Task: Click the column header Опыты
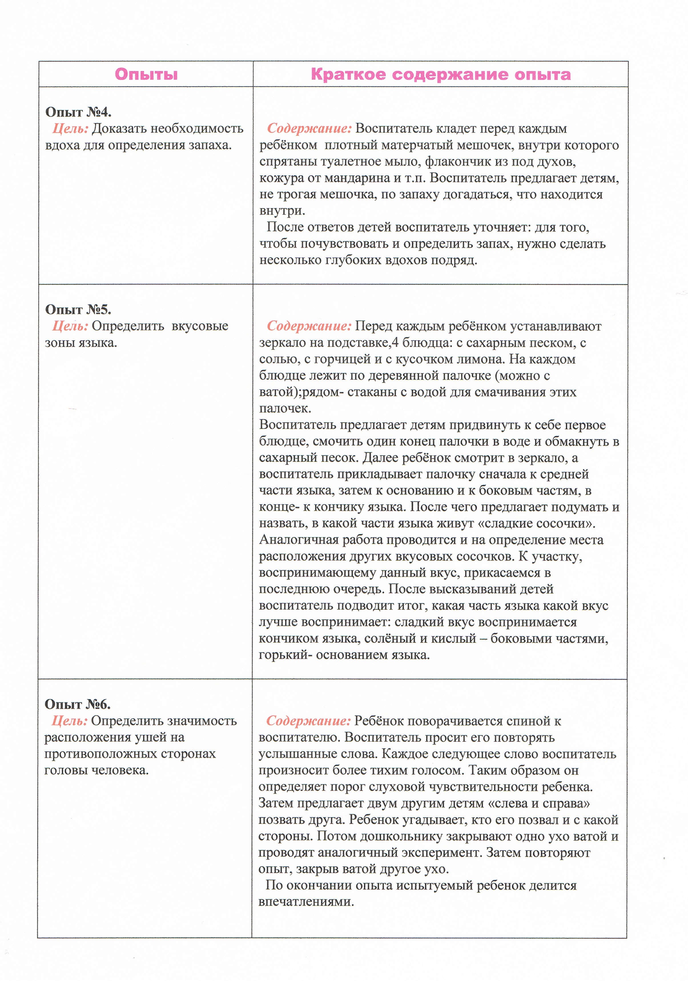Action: click(146, 74)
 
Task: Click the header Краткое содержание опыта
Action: click(440, 74)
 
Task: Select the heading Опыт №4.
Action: click(78, 112)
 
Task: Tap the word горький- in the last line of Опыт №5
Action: click(285, 655)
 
